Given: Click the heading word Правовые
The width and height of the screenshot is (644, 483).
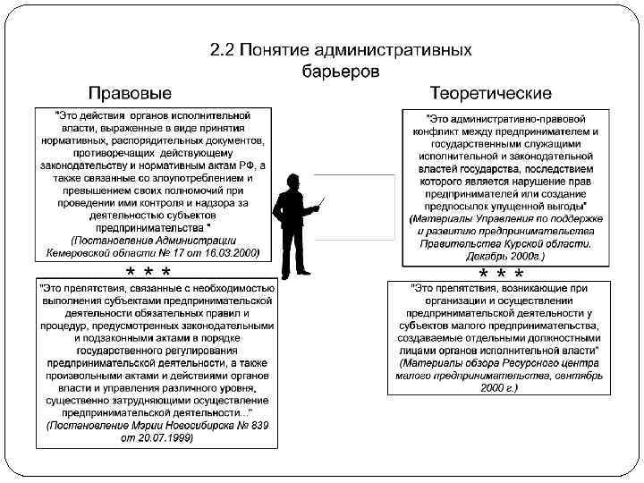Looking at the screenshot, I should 131,93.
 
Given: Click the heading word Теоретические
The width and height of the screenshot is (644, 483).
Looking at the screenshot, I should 491,93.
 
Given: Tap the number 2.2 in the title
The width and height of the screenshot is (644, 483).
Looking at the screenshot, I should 222,50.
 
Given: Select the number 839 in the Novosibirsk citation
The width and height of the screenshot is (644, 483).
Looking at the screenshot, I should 254,427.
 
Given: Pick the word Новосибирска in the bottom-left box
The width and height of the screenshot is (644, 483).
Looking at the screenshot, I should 197,427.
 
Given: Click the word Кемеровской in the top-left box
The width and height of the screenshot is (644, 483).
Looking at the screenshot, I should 88,253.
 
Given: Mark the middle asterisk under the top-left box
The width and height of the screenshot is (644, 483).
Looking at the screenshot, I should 148,272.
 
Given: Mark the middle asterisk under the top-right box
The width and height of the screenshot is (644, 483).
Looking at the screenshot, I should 501,274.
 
